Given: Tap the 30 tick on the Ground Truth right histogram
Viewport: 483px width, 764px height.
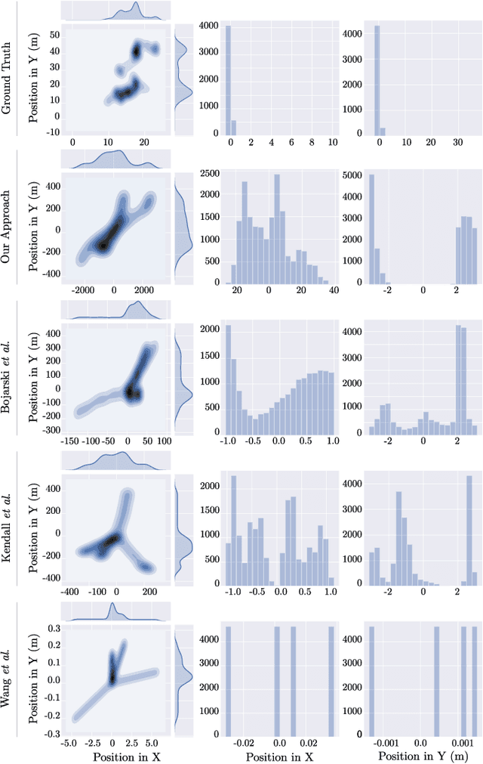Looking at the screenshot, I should coord(457,142).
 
